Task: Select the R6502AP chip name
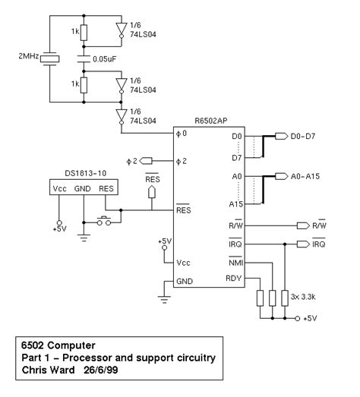tap(211, 120)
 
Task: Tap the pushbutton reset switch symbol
tap(103, 222)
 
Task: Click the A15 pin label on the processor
tap(236, 204)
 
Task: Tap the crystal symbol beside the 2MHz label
tap(50, 58)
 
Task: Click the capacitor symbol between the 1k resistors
tap(84, 58)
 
